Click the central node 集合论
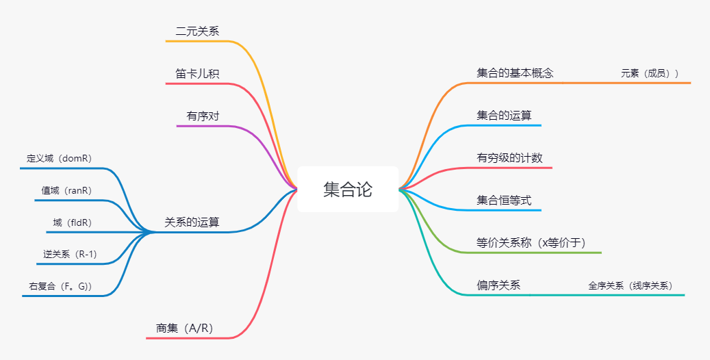pos(348,190)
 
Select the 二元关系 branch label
pos(197,31)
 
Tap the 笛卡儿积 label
pos(197,73)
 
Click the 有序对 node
pos(203,116)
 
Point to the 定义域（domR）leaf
pos(60,158)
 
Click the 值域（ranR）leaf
pos(66,190)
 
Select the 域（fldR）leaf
pos(73,222)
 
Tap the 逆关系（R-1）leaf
pos(70,254)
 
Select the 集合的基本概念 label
pos(515,73)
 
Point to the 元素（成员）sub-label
pos(650,73)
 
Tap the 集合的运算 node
pos(504,116)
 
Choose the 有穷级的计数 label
pos(509,158)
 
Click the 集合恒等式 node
pos(504,201)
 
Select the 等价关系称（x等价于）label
pos(531,243)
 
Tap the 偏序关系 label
pos(498,285)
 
